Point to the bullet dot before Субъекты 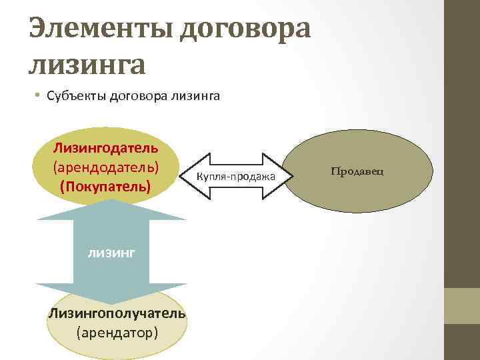(39, 97)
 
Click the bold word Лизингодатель (106, 145)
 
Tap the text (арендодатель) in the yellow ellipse (106, 165)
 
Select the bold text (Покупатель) (106, 185)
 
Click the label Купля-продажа (237, 176)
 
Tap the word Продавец (357, 171)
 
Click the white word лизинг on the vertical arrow (111, 252)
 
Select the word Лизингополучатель (117, 313)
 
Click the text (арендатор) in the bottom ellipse (117, 331)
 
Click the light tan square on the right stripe (461, 305)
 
